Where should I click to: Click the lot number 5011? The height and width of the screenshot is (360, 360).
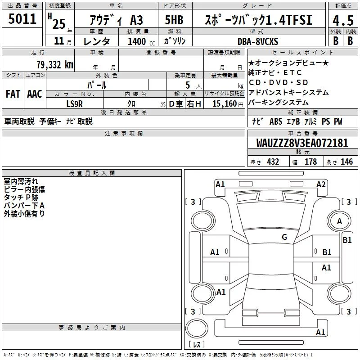pos(22,19)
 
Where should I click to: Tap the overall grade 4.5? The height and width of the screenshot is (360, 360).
pos(343,20)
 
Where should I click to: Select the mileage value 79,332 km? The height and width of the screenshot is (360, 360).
pos(55,65)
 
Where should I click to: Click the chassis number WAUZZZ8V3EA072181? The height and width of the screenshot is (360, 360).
pos(302,143)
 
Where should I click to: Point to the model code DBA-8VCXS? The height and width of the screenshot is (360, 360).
pos(258,41)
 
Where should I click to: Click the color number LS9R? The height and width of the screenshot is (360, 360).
pos(74,104)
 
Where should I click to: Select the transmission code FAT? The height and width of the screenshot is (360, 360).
pos(13,94)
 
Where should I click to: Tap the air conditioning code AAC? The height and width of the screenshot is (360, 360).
pos(35,94)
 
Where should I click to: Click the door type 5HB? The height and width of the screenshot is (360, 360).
pos(174,20)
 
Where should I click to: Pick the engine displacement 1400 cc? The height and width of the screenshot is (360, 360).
pos(141,41)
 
